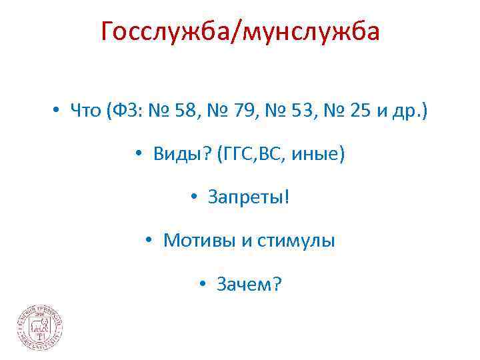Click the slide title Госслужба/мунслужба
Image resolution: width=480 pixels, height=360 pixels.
[x=240, y=31]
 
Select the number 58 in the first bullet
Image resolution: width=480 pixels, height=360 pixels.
[x=193, y=111]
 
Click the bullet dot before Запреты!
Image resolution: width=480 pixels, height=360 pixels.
[x=193, y=198]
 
